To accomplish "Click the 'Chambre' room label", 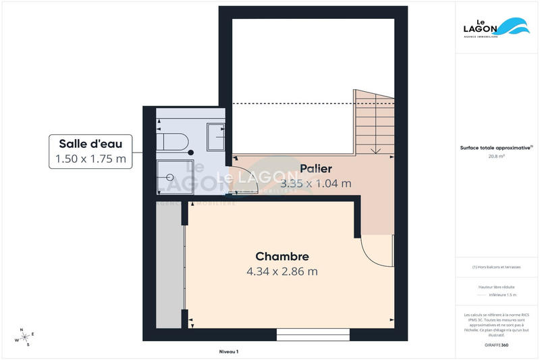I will click(x=282, y=257).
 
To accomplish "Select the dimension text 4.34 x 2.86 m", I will click(x=282, y=272).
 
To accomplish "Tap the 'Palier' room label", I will click(x=316, y=169).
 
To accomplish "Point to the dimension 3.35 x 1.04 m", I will click(x=316, y=183).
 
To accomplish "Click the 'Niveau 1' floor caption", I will click(x=229, y=352).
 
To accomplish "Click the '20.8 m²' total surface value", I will click(x=497, y=156).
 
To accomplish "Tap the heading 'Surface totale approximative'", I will click(x=496, y=147).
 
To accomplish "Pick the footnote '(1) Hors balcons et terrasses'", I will click(x=497, y=267).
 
